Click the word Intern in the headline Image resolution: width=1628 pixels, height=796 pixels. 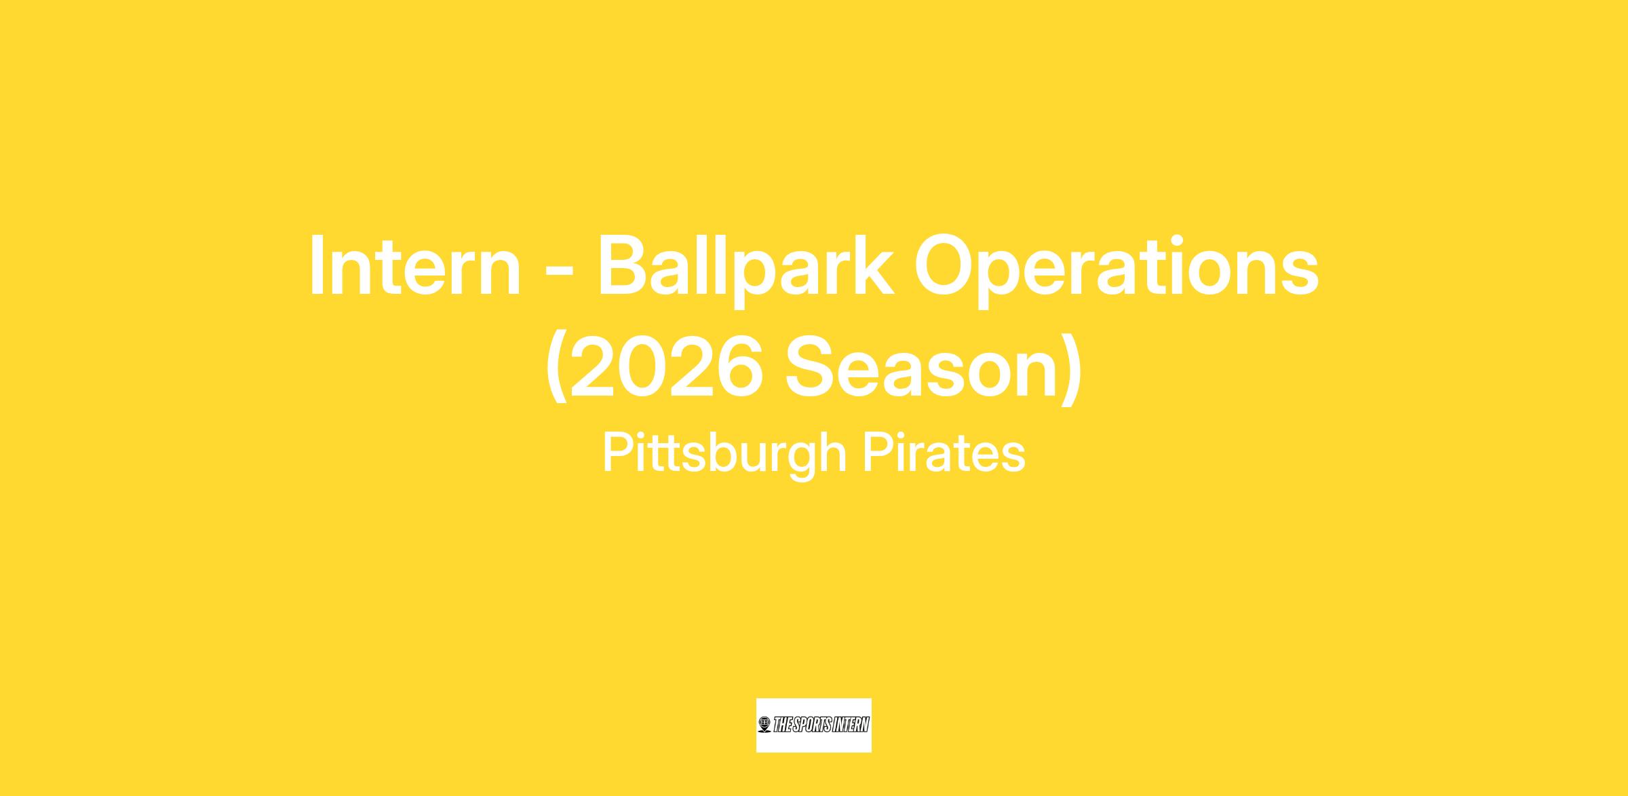[x=414, y=266]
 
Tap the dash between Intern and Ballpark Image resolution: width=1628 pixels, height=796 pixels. [x=559, y=271]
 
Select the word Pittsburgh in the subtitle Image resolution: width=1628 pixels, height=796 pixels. [x=724, y=455]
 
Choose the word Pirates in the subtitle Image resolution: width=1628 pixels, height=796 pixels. [x=944, y=453]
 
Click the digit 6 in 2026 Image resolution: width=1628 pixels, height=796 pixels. [x=740, y=366]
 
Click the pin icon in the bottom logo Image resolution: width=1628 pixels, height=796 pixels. [x=764, y=725]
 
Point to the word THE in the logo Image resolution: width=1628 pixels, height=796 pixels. [x=782, y=725]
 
